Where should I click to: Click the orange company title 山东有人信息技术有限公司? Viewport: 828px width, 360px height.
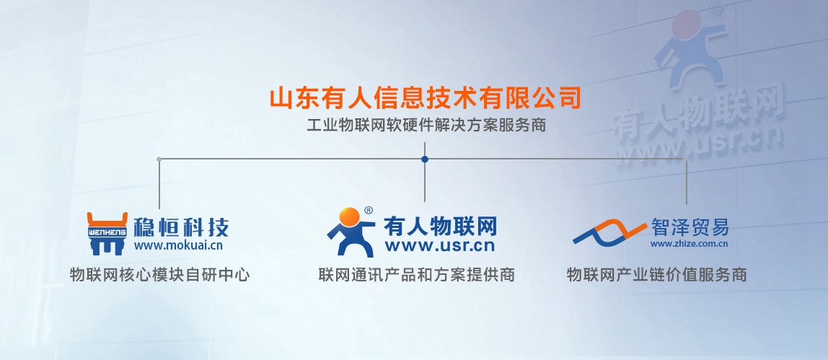tap(425, 98)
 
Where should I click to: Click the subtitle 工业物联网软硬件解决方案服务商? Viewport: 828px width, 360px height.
tap(426, 126)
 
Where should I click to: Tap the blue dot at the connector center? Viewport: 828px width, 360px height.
tap(425, 159)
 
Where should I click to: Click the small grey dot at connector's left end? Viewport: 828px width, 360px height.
tap(159, 159)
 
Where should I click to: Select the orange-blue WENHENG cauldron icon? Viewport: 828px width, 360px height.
tap(107, 233)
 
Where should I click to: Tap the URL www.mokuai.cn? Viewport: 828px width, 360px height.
tap(178, 245)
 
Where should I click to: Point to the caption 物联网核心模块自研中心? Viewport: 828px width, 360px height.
tap(159, 275)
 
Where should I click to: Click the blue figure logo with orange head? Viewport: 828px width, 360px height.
tap(351, 232)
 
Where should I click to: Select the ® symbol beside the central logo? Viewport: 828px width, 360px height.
tap(369, 210)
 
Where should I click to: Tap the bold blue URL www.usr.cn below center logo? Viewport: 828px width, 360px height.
tap(440, 246)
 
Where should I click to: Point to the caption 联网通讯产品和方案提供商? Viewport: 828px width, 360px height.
tap(417, 275)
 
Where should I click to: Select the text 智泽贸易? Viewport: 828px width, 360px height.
tap(690, 227)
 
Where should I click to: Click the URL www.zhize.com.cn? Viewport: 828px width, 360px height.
tap(689, 244)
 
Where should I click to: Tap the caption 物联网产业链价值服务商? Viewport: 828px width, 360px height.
tap(656, 275)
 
